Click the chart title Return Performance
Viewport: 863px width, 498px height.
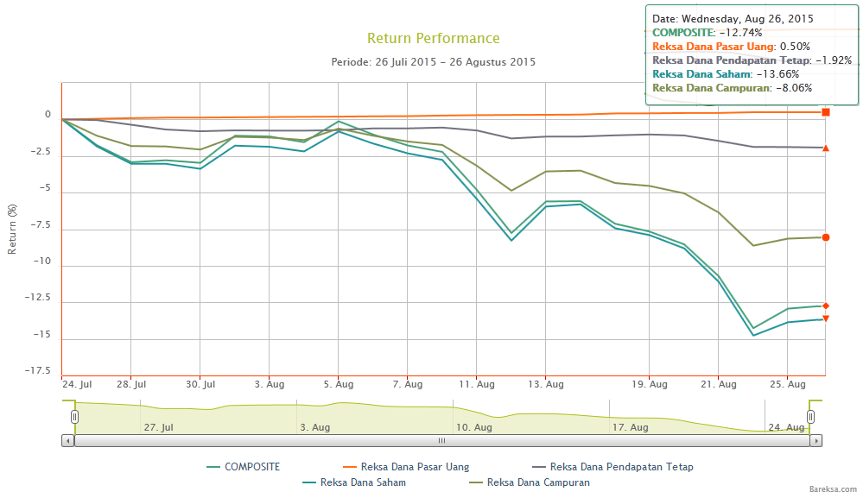pos(433,38)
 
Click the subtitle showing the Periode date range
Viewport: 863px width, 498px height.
pos(433,62)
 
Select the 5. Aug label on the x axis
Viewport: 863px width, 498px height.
pos(339,384)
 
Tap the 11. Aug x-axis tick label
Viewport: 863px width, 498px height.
pos(477,384)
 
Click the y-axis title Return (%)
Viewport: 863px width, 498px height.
pos(12,229)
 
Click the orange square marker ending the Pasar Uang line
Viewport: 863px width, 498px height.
pos(826,112)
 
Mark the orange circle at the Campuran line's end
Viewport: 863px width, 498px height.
pos(826,237)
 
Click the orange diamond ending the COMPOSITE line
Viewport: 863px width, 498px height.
pos(826,306)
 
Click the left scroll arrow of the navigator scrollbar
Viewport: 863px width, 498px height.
pos(67,440)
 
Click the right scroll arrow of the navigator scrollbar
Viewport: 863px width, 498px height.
pos(816,440)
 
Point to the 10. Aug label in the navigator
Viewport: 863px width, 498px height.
pos(473,427)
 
